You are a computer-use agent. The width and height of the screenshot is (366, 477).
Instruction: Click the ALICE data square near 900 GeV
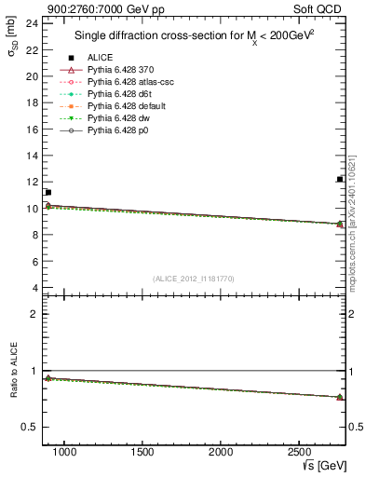click(47, 192)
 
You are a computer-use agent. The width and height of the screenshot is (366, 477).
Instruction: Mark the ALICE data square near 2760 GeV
click(340, 179)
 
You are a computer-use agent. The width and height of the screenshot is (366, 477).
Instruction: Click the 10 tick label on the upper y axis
click(32, 209)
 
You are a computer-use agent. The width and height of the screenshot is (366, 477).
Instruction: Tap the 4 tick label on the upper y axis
click(34, 289)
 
